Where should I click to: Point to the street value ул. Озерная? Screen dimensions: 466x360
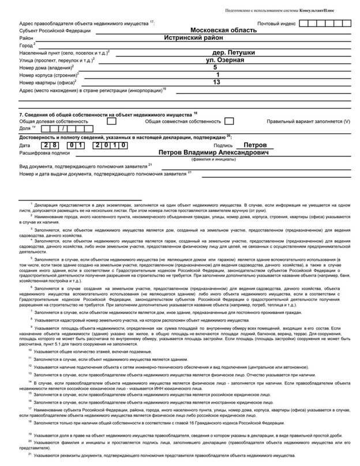tap(226, 59)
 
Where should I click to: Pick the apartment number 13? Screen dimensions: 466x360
tap(216, 82)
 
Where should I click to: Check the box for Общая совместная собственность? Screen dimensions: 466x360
tap(229, 121)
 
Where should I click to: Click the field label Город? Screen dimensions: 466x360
tap(26, 44)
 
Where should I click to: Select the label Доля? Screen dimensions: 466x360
tap(25, 129)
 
